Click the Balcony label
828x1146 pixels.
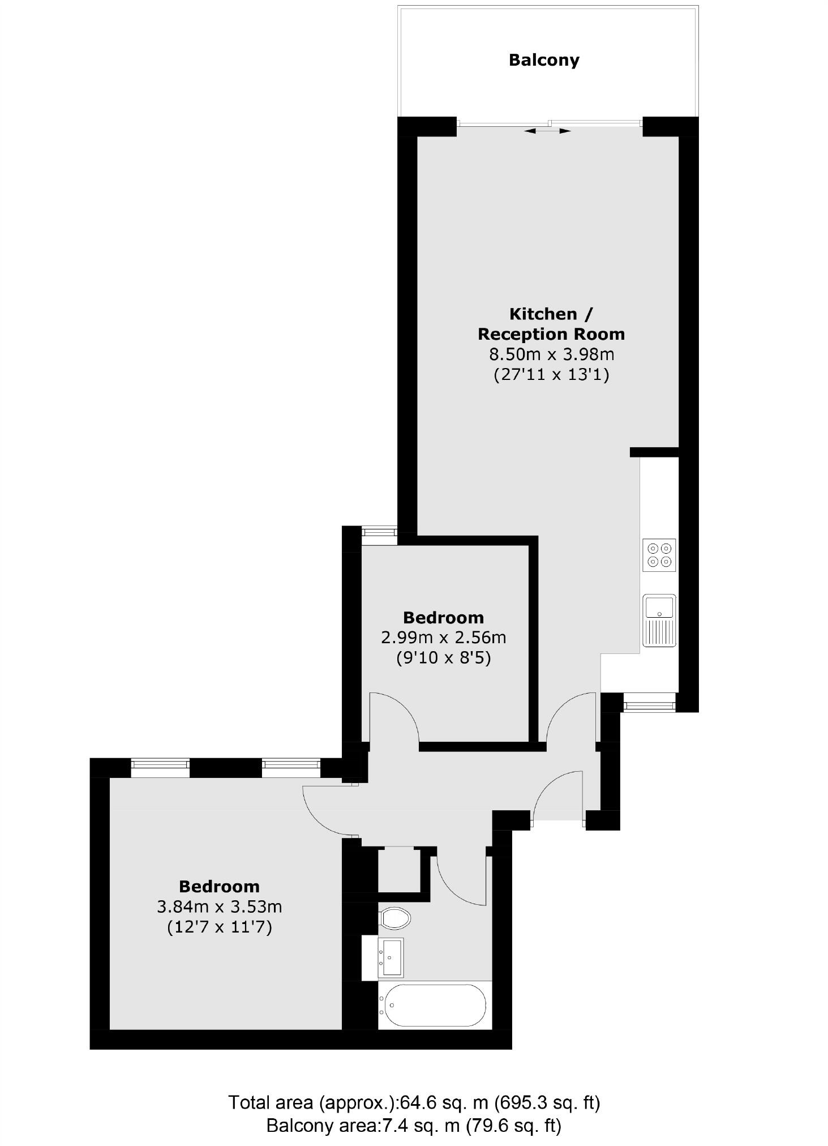pyautogui.click(x=543, y=60)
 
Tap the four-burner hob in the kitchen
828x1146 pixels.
pyautogui.click(x=659, y=555)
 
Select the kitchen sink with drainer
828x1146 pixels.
pyautogui.click(x=659, y=620)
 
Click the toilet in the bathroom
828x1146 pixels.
pyautogui.click(x=395, y=918)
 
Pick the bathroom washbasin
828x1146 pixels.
pyautogui.click(x=392, y=957)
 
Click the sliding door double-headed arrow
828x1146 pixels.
pyautogui.click(x=547, y=131)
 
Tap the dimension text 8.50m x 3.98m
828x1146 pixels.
pyautogui.click(x=551, y=354)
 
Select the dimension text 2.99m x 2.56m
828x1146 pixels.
pyautogui.click(x=443, y=638)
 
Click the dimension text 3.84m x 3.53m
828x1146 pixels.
pyautogui.click(x=219, y=907)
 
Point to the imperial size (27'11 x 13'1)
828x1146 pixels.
pyautogui.click(x=551, y=375)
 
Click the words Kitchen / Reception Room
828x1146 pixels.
pyautogui.click(x=551, y=324)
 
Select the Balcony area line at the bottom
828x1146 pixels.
pyautogui.click(x=414, y=1125)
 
